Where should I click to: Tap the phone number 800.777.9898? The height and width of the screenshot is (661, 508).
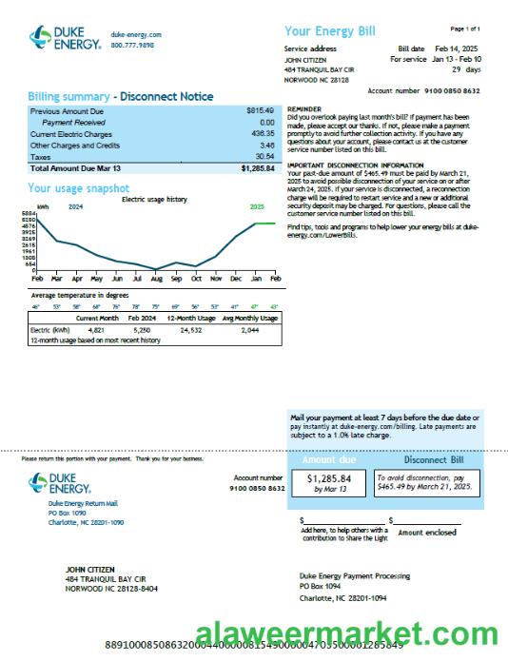coord(132,45)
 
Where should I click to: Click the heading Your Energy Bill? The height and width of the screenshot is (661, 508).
coord(330,31)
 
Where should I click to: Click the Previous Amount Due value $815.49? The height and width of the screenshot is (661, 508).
coord(260,111)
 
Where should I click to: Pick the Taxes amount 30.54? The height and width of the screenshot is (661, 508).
coord(265,156)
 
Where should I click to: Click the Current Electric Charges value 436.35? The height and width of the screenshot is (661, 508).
coord(263,134)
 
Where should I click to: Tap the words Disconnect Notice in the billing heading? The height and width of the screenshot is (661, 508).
coord(167,97)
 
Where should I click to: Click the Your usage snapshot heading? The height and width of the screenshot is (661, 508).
coord(78,187)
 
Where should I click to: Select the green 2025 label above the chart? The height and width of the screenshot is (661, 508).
coord(257,206)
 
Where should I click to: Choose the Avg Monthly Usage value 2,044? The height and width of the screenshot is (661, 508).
coord(249,329)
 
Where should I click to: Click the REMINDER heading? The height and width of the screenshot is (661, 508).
coord(303,109)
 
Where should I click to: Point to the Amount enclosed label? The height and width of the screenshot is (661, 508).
coord(427,533)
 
